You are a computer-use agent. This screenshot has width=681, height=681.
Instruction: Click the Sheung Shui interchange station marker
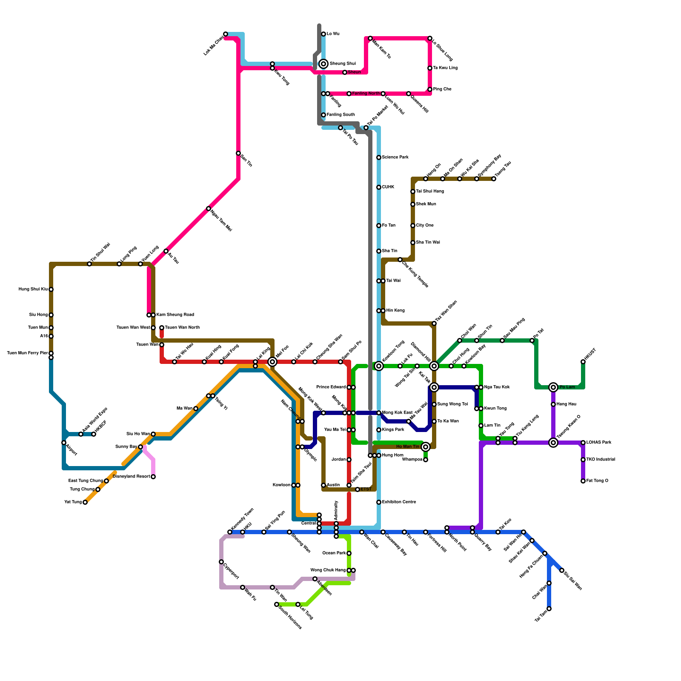[x=323, y=64]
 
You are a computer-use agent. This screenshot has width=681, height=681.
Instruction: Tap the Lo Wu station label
[x=333, y=34]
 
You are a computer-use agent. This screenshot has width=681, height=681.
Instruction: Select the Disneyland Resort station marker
[x=153, y=477]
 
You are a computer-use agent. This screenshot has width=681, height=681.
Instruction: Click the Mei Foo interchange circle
[x=272, y=362]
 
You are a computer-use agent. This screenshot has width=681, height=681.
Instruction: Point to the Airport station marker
[x=64, y=443]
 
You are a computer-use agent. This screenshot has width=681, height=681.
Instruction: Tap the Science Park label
[x=395, y=157]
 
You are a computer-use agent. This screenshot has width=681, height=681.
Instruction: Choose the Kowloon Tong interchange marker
[x=379, y=366]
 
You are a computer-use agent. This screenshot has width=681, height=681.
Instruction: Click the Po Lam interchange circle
[x=553, y=387]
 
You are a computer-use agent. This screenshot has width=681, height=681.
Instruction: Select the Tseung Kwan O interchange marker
[x=553, y=443]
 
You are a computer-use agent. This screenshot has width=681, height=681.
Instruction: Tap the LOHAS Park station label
[x=599, y=443]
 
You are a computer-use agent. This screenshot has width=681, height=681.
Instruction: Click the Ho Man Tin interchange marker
[x=426, y=447]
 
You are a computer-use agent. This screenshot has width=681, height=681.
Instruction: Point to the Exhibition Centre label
[x=399, y=502]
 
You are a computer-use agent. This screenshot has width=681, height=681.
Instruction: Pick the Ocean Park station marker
[x=349, y=553]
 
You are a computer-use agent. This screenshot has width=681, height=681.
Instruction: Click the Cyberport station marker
[x=221, y=562]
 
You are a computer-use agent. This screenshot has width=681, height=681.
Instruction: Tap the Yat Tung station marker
[x=85, y=502]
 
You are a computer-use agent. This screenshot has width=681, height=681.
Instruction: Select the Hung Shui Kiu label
[x=33, y=289]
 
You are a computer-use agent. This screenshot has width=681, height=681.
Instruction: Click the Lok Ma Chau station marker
[x=226, y=34]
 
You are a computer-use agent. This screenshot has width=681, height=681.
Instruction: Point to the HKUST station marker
[x=583, y=362]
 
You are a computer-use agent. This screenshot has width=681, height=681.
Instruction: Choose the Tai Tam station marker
[x=549, y=609]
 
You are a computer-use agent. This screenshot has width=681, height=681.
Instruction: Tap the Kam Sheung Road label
[x=175, y=315]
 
